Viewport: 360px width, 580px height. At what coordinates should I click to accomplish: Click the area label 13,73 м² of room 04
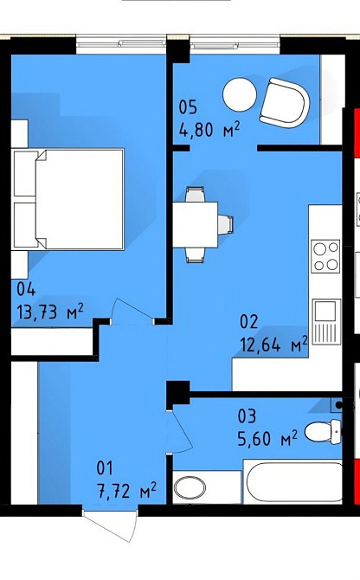click(x=50, y=312)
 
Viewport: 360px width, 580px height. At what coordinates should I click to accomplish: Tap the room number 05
click(x=188, y=107)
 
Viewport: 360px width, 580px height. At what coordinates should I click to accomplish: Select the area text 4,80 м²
click(x=209, y=130)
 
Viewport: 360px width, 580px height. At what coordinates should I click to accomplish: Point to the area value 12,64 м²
click(x=273, y=345)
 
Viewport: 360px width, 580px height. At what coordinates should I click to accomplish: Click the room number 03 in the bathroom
click(x=247, y=416)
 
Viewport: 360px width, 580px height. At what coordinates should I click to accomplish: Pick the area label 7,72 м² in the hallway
click(x=126, y=491)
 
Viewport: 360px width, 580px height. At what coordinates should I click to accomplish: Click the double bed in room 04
click(x=68, y=199)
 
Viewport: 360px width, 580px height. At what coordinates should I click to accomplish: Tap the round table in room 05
click(x=240, y=94)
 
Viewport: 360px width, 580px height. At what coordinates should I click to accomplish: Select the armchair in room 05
click(x=284, y=102)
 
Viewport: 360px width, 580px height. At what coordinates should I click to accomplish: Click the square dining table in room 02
click(x=196, y=224)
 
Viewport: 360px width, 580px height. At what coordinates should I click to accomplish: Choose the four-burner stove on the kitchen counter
click(x=325, y=256)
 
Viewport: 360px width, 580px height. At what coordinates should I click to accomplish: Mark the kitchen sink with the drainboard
click(x=326, y=321)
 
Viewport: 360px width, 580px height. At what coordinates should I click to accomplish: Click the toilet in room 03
click(x=324, y=431)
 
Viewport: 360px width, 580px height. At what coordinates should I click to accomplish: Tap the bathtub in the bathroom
click(x=294, y=481)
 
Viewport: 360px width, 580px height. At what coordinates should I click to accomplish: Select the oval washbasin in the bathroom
click(x=190, y=487)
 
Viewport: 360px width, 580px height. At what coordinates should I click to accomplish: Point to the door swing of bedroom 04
click(x=132, y=312)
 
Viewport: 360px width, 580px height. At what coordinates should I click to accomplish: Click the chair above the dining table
click(x=195, y=195)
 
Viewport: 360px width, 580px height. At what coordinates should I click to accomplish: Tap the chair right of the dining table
click(x=226, y=224)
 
